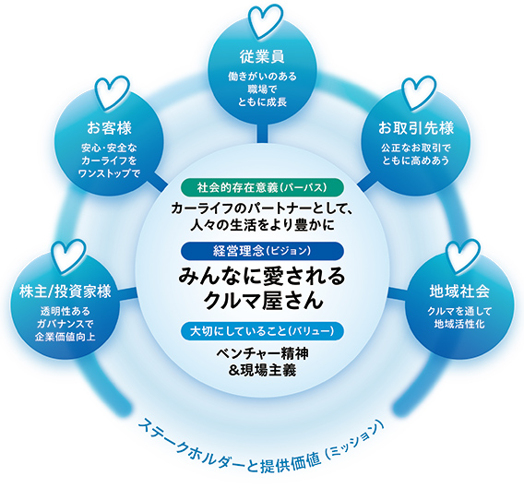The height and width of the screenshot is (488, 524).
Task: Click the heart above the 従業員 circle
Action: (x=266, y=20)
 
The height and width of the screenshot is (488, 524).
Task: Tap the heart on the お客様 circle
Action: (x=113, y=92)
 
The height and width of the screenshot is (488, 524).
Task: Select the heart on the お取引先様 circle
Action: (x=419, y=92)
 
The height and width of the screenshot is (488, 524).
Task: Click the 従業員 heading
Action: (x=262, y=57)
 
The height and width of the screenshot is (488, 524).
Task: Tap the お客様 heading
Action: (x=109, y=128)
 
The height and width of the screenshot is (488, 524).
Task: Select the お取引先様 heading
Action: (x=416, y=128)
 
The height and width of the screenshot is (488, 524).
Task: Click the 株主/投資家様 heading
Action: (x=65, y=292)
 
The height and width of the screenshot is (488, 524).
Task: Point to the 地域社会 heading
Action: (x=459, y=292)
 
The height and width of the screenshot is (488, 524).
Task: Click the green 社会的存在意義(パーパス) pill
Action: (x=262, y=187)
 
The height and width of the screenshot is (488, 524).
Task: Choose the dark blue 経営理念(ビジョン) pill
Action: (x=262, y=251)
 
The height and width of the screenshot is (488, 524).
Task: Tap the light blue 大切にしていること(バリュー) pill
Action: (x=262, y=331)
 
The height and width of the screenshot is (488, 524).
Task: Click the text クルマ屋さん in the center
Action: (x=263, y=300)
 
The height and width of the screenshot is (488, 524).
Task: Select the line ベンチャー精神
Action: (x=262, y=354)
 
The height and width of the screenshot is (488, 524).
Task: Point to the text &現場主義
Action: (x=262, y=371)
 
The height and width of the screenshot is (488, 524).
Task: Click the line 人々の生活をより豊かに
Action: (x=262, y=224)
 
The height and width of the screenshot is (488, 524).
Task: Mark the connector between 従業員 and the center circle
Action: (x=262, y=133)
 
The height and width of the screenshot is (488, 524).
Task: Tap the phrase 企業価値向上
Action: (x=65, y=337)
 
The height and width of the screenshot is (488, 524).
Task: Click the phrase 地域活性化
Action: (x=459, y=324)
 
